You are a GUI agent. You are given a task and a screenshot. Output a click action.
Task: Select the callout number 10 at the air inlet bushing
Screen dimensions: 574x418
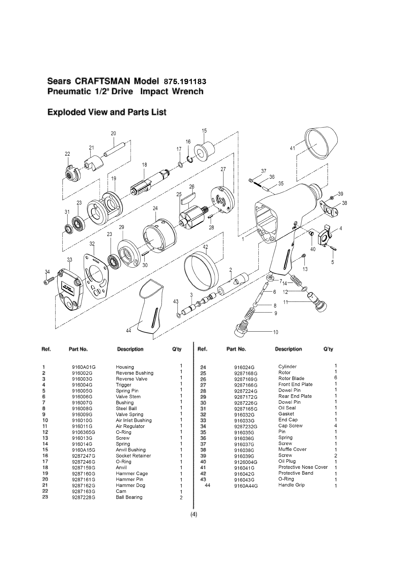click(x=275, y=332)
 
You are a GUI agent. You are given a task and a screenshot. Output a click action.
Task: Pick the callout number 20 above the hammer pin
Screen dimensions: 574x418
click(x=114, y=134)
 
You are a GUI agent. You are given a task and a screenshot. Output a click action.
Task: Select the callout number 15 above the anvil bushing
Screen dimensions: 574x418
click(x=204, y=131)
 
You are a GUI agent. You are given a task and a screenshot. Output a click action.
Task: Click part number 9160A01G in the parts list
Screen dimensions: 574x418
click(x=84, y=367)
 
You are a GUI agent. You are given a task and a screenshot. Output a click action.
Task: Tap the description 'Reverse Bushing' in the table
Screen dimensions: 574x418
click(x=134, y=373)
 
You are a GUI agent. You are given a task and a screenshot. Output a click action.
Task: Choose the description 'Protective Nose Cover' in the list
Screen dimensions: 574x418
click(x=303, y=467)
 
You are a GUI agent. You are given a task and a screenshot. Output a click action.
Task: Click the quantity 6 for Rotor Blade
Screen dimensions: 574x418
click(x=335, y=378)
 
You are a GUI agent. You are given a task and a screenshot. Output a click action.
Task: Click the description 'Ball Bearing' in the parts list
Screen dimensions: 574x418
click(x=129, y=497)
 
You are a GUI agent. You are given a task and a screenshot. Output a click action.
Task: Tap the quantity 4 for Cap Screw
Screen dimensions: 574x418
click(x=335, y=426)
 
